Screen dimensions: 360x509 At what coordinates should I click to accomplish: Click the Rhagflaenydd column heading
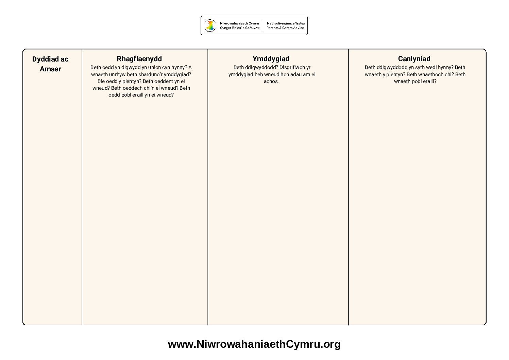pos(139,59)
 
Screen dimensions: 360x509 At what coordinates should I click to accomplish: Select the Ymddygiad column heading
pos(271,59)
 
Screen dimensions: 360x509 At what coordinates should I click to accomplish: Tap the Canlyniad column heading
pos(414,59)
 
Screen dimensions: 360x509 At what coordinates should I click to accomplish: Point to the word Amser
pos(50,69)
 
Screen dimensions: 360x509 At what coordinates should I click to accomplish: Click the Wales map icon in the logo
pos(210,25)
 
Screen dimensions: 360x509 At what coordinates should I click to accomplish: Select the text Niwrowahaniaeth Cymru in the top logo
pos(239,23)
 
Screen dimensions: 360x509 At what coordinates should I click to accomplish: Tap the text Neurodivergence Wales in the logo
pos(286,23)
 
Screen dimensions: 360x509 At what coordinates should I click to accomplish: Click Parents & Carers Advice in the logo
pos(285,28)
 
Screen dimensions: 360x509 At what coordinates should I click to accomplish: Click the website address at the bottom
pos(254,344)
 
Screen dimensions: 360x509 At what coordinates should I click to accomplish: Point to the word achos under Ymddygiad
pos(271,81)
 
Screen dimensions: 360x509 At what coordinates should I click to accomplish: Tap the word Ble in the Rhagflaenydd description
pos(101,81)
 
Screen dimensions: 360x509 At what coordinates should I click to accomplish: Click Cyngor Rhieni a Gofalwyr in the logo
pos(239,28)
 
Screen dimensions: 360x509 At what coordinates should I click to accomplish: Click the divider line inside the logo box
pos(263,25)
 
